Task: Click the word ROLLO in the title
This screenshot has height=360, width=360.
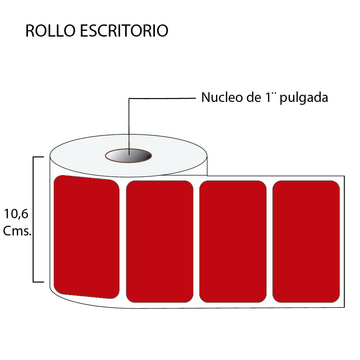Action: coord(50,31)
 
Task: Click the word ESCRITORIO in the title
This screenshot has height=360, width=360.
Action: coord(124,31)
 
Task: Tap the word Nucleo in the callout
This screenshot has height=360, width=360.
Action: coord(222,98)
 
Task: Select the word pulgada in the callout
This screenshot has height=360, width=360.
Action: coord(304,98)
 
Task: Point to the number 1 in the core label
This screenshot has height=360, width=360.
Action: coord(268,98)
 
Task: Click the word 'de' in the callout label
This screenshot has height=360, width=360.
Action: coord(254,98)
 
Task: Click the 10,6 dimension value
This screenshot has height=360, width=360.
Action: coord(16,214)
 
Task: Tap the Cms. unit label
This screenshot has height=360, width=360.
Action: coord(17,231)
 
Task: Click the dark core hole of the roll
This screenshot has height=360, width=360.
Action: coord(129,156)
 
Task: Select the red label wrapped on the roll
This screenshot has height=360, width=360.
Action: coord(86,237)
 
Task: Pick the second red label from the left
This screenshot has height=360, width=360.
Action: coord(160,242)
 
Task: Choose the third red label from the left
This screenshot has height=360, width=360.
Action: coord(233,242)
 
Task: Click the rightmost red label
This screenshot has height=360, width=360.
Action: coord(306,242)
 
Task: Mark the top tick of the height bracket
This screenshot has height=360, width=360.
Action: coord(38,157)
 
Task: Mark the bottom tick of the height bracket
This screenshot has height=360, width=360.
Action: coord(38,282)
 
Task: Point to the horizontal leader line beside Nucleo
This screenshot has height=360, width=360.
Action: coord(162,98)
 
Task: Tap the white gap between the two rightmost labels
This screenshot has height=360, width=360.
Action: coord(270,242)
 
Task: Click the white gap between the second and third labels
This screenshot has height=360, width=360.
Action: coord(196,242)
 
